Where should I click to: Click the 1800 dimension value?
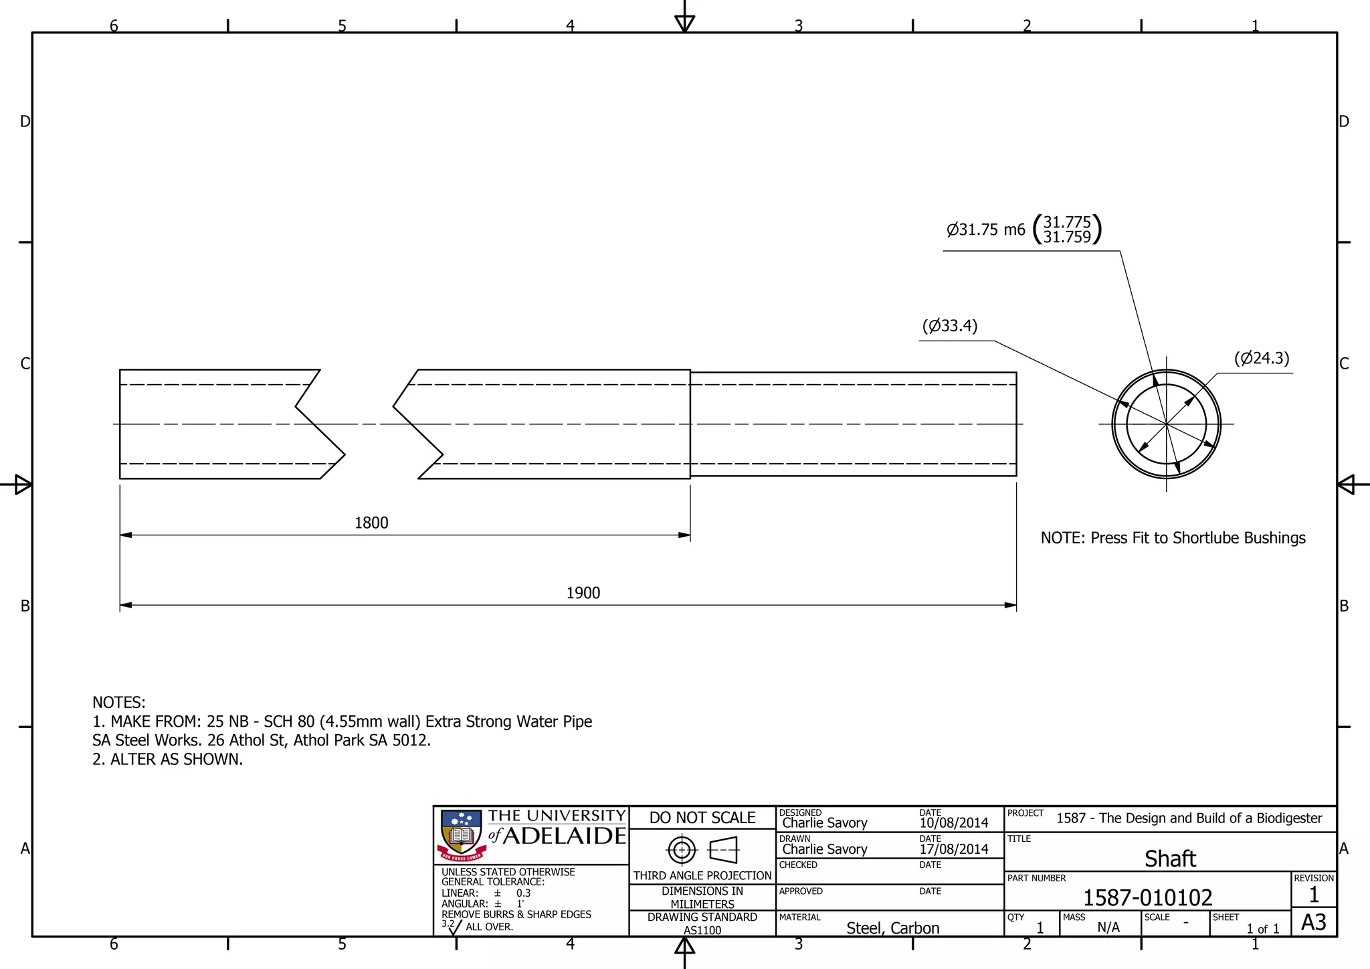[x=371, y=523]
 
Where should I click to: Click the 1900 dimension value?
[x=583, y=593]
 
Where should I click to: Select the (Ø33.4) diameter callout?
[x=950, y=326]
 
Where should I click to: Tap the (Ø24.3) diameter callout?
[x=1262, y=358]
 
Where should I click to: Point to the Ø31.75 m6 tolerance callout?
[x=1023, y=230]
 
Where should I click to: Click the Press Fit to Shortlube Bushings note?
[x=1173, y=538]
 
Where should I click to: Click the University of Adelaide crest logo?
[x=462, y=835]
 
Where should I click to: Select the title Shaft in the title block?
[x=1170, y=859]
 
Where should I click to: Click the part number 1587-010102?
[x=1147, y=897]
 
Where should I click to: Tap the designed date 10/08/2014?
[x=953, y=823]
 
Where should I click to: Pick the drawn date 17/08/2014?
[x=953, y=849]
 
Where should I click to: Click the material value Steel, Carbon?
[x=892, y=928]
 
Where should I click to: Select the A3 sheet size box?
[x=1313, y=923]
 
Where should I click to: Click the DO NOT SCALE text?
[x=702, y=818]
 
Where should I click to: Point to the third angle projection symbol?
[x=702, y=851]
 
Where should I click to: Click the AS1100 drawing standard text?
[x=702, y=930]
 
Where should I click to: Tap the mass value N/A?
[x=1108, y=928]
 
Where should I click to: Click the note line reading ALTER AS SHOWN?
[x=168, y=760]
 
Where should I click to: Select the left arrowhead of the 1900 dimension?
[x=126, y=605]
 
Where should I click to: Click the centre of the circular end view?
[x=1166, y=424]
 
